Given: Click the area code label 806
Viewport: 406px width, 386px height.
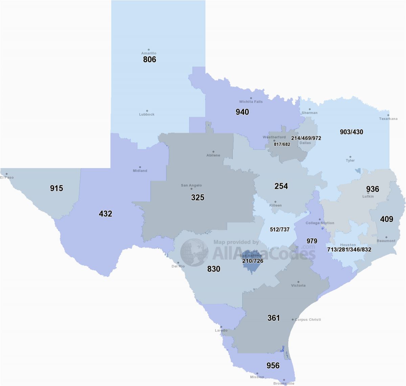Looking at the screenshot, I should pos(150,60).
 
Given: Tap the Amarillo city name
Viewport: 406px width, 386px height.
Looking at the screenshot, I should pos(149,53).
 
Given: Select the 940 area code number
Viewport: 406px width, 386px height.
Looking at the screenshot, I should pos(242,112).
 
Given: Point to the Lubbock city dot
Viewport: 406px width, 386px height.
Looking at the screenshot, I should pos(147,111).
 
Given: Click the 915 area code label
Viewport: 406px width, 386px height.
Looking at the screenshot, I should pos(57,188).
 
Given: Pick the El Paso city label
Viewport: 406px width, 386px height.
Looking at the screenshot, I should pos(7,177).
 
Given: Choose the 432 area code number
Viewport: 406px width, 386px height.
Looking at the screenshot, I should pos(106,214).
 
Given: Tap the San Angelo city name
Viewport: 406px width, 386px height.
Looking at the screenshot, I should pos(191,185).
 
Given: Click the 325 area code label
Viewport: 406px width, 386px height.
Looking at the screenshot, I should pos(198,197).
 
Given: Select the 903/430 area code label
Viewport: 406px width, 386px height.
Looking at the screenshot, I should pos(352,132).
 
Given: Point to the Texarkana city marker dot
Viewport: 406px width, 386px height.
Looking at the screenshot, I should pos(388,115).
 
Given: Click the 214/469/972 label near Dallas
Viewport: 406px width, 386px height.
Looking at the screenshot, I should pos(306,138).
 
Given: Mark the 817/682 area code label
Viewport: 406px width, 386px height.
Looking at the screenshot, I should pos(282,144).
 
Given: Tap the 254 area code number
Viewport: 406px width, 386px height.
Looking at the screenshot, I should pos(281,186).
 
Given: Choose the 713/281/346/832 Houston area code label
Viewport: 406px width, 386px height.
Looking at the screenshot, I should pos(349,250).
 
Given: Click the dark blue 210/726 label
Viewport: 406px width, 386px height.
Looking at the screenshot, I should pos(253,261).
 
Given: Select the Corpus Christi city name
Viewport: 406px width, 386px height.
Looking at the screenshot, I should pos(308,319).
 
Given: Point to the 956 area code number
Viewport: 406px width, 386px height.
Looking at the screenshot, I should pos(273,365).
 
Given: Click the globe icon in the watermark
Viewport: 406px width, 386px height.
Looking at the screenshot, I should pos(194,252).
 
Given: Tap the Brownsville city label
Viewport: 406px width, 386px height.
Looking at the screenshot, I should pos(284,383).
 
